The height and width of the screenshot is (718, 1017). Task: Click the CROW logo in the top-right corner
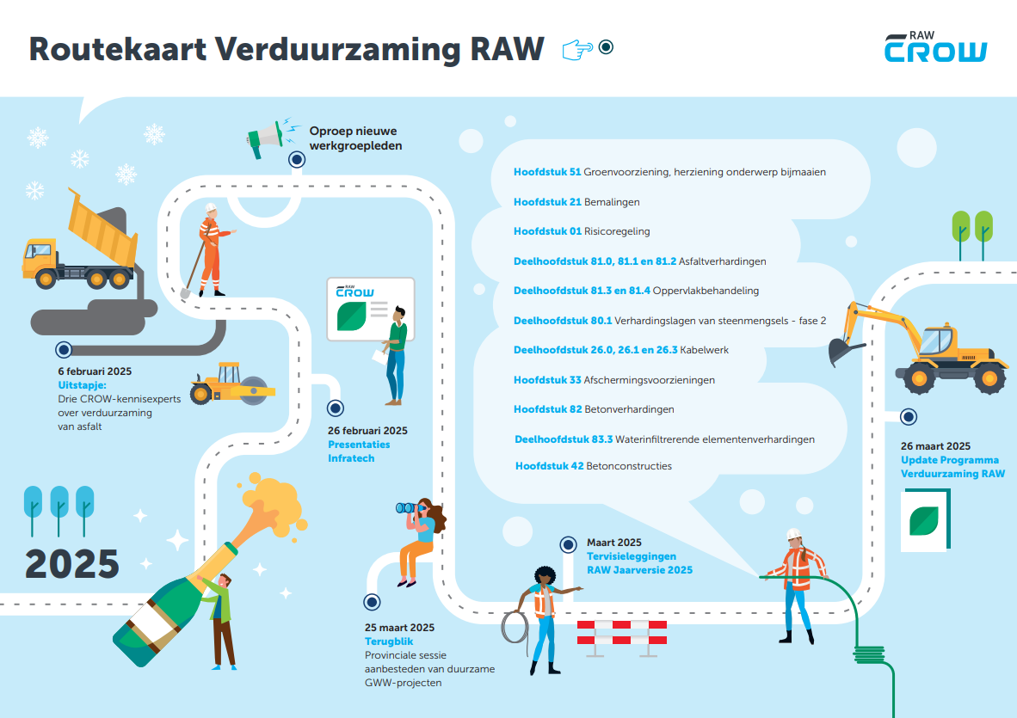point(935,49)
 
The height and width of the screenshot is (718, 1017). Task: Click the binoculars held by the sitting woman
point(409,508)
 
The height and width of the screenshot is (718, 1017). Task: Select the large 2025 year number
point(72,563)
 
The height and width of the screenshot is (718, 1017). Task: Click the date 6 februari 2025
point(95,372)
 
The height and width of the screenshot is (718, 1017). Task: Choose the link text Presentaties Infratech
point(359,451)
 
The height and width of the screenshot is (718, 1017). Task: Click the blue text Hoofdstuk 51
point(547,172)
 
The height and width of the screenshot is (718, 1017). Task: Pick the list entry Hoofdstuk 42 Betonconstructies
point(593,466)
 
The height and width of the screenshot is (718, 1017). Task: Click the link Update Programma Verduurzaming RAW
point(952,467)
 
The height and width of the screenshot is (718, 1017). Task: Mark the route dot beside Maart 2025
point(568,544)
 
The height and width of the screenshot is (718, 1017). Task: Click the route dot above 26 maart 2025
point(909,417)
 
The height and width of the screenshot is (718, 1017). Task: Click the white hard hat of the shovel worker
point(211,207)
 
